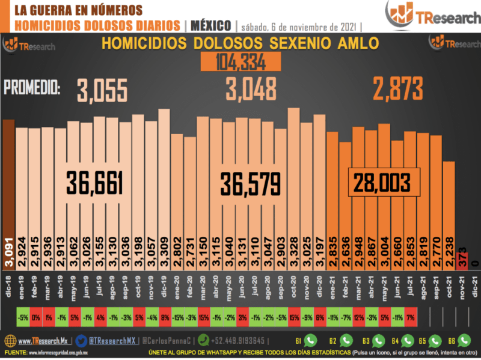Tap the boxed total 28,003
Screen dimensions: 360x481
pos(382,181)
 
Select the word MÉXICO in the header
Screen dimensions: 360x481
pos(210,26)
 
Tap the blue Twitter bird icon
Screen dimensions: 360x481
pos(82,340)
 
